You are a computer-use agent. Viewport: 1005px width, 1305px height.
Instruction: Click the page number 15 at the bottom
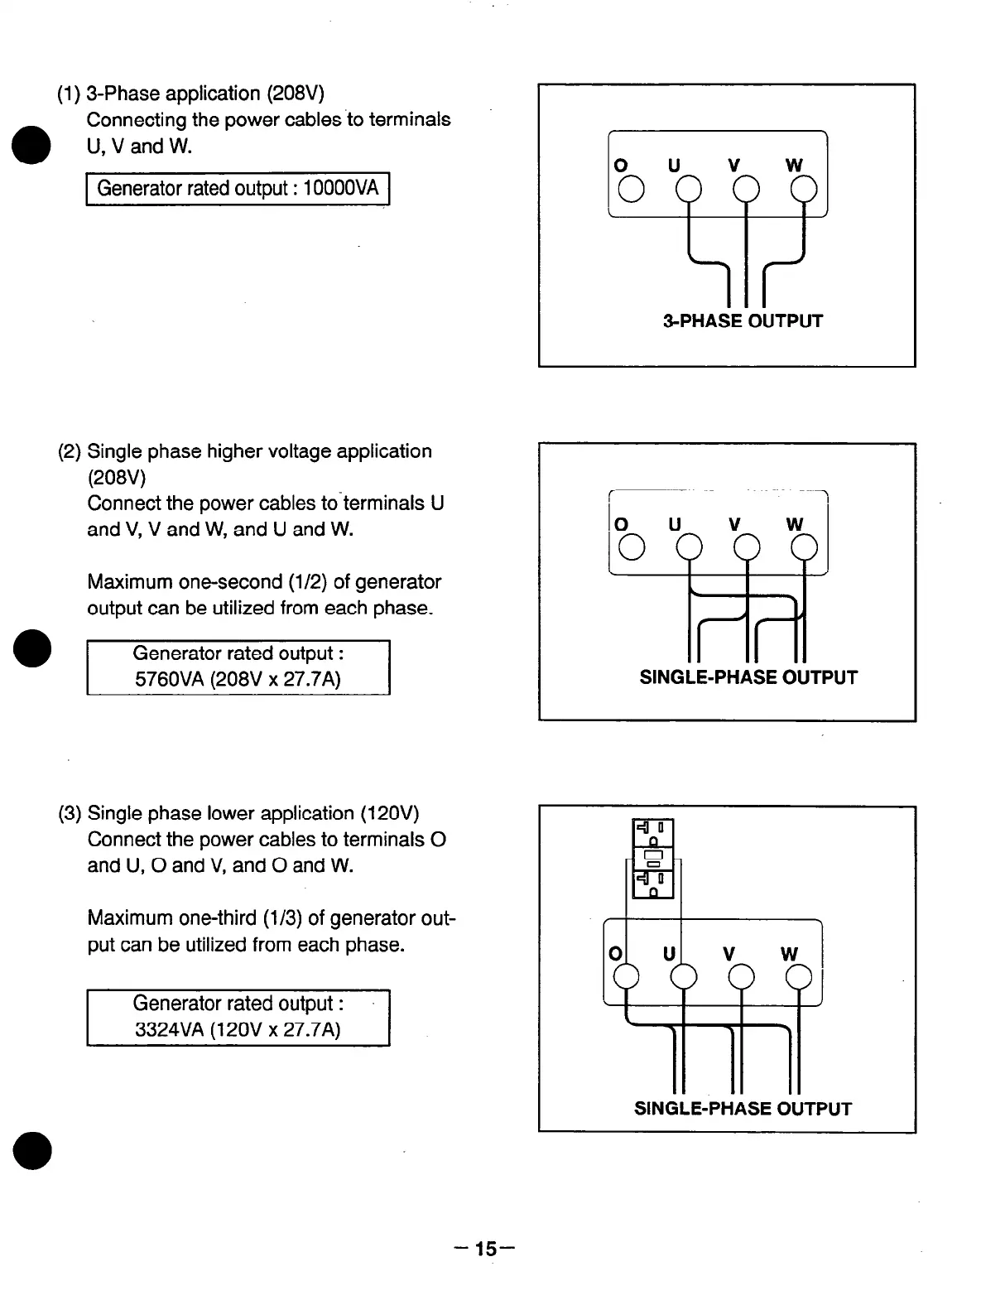(487, 1248)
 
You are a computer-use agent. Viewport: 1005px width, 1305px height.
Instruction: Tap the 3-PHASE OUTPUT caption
(743, 321)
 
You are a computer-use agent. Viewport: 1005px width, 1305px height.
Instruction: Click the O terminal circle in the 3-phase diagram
(631, 190)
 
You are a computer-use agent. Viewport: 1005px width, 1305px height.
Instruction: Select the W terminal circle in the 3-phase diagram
(804, 190)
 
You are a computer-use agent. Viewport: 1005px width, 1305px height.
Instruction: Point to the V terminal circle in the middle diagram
(747, 548)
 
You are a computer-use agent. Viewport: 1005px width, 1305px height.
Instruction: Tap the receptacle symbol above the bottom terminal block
(654, 859)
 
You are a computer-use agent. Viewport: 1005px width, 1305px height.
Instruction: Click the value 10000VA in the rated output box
(341, 189)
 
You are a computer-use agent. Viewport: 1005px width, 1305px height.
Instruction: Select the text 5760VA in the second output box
(169, 680)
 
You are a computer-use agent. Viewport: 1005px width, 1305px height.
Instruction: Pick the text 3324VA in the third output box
(169, 1030)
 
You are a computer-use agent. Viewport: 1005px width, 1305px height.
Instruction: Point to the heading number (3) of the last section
(70, 813)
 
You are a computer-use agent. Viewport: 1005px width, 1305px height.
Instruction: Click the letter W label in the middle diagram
(795, 525)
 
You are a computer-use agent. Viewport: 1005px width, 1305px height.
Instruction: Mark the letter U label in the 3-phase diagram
(674, 166)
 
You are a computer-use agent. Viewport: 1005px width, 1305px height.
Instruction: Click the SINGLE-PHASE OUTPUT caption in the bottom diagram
(743, 1109)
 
